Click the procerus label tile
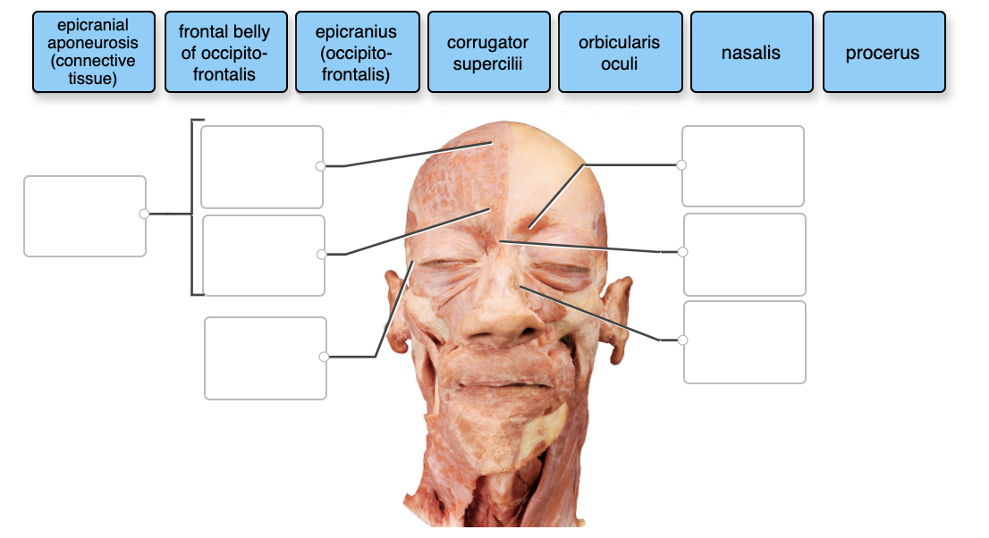point(883,52)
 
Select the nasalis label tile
point(750,52)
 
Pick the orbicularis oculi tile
point(619,52)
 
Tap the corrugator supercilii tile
point(487,52)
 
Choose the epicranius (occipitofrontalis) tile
point(356,52)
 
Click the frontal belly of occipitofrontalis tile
point(224,52)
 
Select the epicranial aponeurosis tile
point(92,52)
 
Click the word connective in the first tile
point(92,61)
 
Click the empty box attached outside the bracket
point(84,215)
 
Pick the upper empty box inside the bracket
point(261,166)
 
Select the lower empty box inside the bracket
point(263,255)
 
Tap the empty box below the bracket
point(265,357)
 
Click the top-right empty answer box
point(742,165)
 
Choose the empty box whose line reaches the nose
point(744,342)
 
